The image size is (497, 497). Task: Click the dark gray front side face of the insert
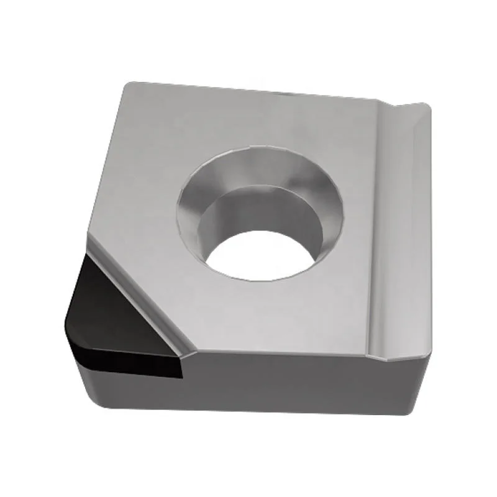click(280, 391)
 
